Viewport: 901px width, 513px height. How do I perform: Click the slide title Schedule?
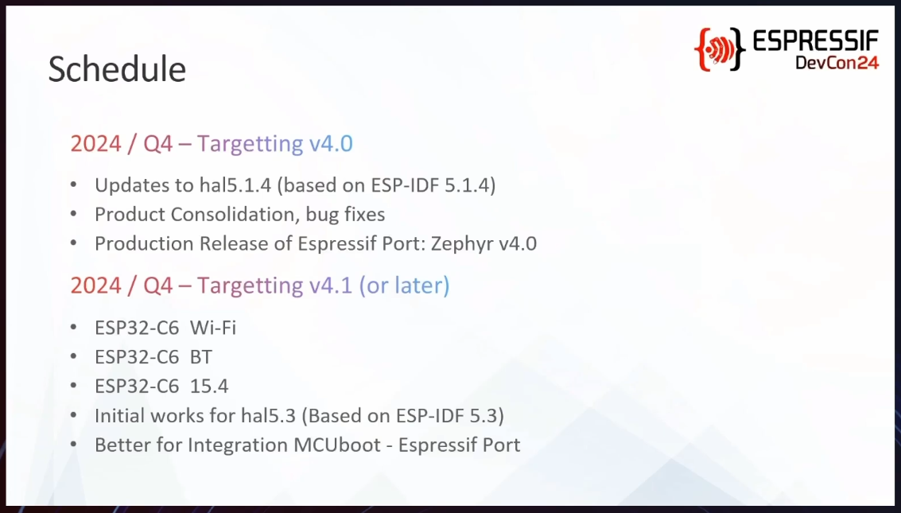pyautogui.click(x=117, y=69)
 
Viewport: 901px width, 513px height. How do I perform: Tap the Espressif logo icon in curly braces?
pyautogui.click(x=720, y=49)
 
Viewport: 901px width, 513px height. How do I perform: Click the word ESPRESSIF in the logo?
pyautogui.click(x=815, y=41)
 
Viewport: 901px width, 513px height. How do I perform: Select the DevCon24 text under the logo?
pyautogui.click(x=837, y=62)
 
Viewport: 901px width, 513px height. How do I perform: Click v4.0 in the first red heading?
pyautogui.click(x=331, y=144)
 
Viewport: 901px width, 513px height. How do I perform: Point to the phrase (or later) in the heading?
pyautogui.click(x=405, y=286)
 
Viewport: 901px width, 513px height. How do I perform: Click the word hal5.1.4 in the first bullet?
pyautogui.click(x=235, y=185)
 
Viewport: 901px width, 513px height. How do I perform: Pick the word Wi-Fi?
pyautogui.click(x=212, y=328)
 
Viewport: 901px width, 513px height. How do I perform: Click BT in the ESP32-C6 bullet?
pyautogui.click(x=201, y=357)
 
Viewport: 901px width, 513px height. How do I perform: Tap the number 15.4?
pyautogui.click(x=209, y=386)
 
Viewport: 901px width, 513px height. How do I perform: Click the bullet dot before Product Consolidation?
pyautogui.click(x=73, y=214)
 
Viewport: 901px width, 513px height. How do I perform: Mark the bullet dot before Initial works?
pyautogui.click(x=73, y=415)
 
